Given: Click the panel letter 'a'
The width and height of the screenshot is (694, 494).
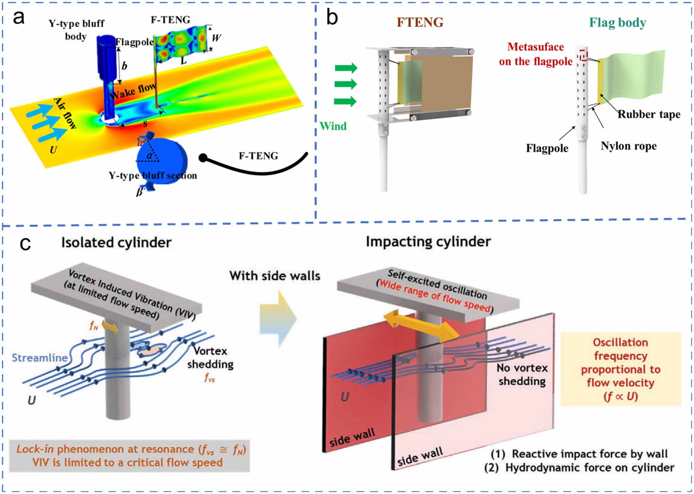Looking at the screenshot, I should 18,18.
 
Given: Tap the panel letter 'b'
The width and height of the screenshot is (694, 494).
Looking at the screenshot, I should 332,18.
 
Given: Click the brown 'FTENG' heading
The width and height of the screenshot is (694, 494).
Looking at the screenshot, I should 420,22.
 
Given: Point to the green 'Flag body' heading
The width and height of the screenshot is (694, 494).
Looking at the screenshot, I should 617,23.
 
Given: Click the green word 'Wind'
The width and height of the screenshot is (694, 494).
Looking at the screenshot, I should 333,126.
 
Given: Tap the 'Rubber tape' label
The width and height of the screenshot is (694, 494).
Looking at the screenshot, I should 649,114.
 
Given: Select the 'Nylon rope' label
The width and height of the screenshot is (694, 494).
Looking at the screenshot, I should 628,146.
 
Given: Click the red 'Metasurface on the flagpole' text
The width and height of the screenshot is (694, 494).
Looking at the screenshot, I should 536,54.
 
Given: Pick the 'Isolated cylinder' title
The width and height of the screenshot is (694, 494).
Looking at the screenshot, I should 116,242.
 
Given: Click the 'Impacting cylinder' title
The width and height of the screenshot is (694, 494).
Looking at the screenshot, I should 428,242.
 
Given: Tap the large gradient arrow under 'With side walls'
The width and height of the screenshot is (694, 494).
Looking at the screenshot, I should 278,319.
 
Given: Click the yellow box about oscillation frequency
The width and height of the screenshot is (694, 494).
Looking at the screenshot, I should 620,369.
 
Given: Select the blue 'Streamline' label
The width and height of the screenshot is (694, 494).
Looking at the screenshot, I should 39,357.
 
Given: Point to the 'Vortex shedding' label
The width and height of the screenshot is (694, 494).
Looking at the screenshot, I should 210,357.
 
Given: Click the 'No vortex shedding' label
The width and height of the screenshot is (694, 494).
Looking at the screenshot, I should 522,374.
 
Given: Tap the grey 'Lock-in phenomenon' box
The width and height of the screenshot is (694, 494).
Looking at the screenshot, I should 129,455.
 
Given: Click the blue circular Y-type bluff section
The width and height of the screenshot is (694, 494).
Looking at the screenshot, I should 161,160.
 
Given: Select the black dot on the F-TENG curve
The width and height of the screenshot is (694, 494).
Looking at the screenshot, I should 203,158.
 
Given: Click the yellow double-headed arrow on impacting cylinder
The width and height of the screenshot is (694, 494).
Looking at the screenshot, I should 420,324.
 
